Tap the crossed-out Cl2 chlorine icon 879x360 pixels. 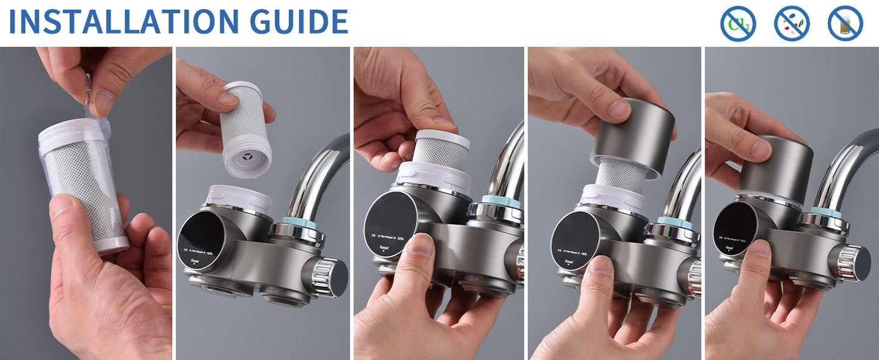738,24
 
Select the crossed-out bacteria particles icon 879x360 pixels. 791,24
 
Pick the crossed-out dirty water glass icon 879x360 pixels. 845,24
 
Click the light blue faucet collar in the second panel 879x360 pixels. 301,224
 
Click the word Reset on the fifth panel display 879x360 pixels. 729,248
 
